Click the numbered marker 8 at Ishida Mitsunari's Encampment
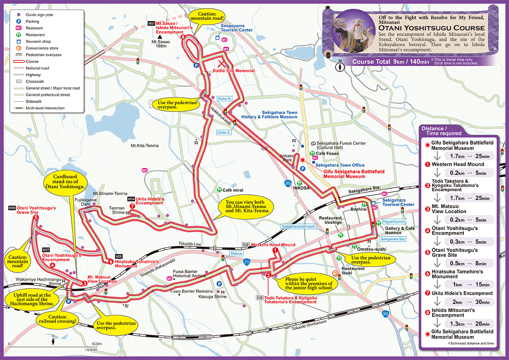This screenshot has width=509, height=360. [182, 37]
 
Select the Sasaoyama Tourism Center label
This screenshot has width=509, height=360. [236, 30]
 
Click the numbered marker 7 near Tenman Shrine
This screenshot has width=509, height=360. [132, 206]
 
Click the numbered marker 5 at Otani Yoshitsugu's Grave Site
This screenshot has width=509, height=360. [36, 218]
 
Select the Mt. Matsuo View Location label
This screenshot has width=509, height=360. [102, 279]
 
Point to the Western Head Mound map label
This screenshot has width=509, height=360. [273, 245]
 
